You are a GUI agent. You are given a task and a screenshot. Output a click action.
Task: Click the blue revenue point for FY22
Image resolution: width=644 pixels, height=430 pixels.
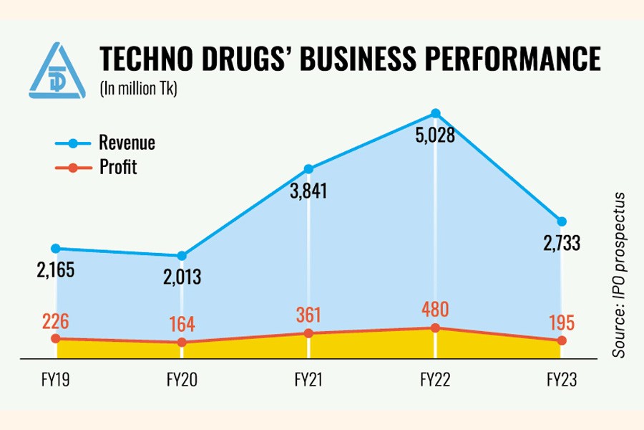[x=435, y=113]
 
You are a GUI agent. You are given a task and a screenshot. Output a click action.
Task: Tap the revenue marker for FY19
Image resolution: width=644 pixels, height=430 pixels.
[x=56, y=248]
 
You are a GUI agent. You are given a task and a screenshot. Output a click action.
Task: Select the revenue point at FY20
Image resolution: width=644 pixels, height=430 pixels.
[x=182, y=256]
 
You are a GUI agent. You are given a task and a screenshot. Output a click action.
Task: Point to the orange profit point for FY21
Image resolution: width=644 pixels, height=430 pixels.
[x=308, y=333]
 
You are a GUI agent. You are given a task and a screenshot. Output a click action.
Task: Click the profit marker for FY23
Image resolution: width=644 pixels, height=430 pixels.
[x=562, y=340]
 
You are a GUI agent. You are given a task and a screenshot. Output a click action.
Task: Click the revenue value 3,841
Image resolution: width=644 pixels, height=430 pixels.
[x=308, y=192]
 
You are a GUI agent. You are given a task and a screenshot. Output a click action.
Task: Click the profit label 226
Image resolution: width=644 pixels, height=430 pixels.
[x=56, y=320]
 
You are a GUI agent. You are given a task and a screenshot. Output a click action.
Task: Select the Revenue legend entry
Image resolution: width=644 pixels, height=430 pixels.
[x=127, y=143]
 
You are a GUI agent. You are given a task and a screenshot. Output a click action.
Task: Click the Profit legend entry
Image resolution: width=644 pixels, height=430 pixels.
[x=118, y=168]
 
